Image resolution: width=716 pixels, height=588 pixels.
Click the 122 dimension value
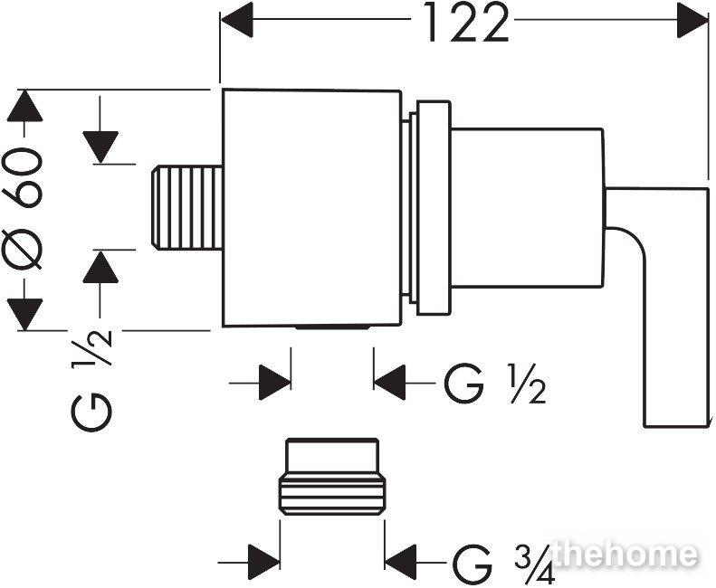click(466, 22)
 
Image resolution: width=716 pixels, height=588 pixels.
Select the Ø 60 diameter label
click(23, 208)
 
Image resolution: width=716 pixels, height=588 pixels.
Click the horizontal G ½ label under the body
click(495, 384)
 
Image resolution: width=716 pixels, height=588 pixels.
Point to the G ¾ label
click(503, 563)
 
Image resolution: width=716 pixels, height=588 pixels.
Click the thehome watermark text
click(625, 555)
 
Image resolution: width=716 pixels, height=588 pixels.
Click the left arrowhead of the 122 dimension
click(236, 20)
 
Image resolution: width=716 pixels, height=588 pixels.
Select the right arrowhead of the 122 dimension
click(692, 20)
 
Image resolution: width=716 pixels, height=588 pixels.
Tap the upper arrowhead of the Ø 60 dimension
click(25, 106)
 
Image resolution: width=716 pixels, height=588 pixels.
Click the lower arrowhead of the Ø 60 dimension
click(25, 315)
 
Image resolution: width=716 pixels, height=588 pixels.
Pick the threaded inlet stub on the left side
click(186, 208)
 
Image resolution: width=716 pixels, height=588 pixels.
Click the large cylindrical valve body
click(312, 208)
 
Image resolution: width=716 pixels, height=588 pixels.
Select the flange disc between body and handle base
click(433, 208)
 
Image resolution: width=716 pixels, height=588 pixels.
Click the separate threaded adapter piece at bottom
click(332, 477)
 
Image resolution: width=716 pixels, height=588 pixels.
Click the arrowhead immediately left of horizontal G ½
click(389, 383)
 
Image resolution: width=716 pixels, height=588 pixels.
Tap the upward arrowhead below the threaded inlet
click(100, 268)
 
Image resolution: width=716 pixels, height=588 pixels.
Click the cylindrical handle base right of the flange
click(528, 208)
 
